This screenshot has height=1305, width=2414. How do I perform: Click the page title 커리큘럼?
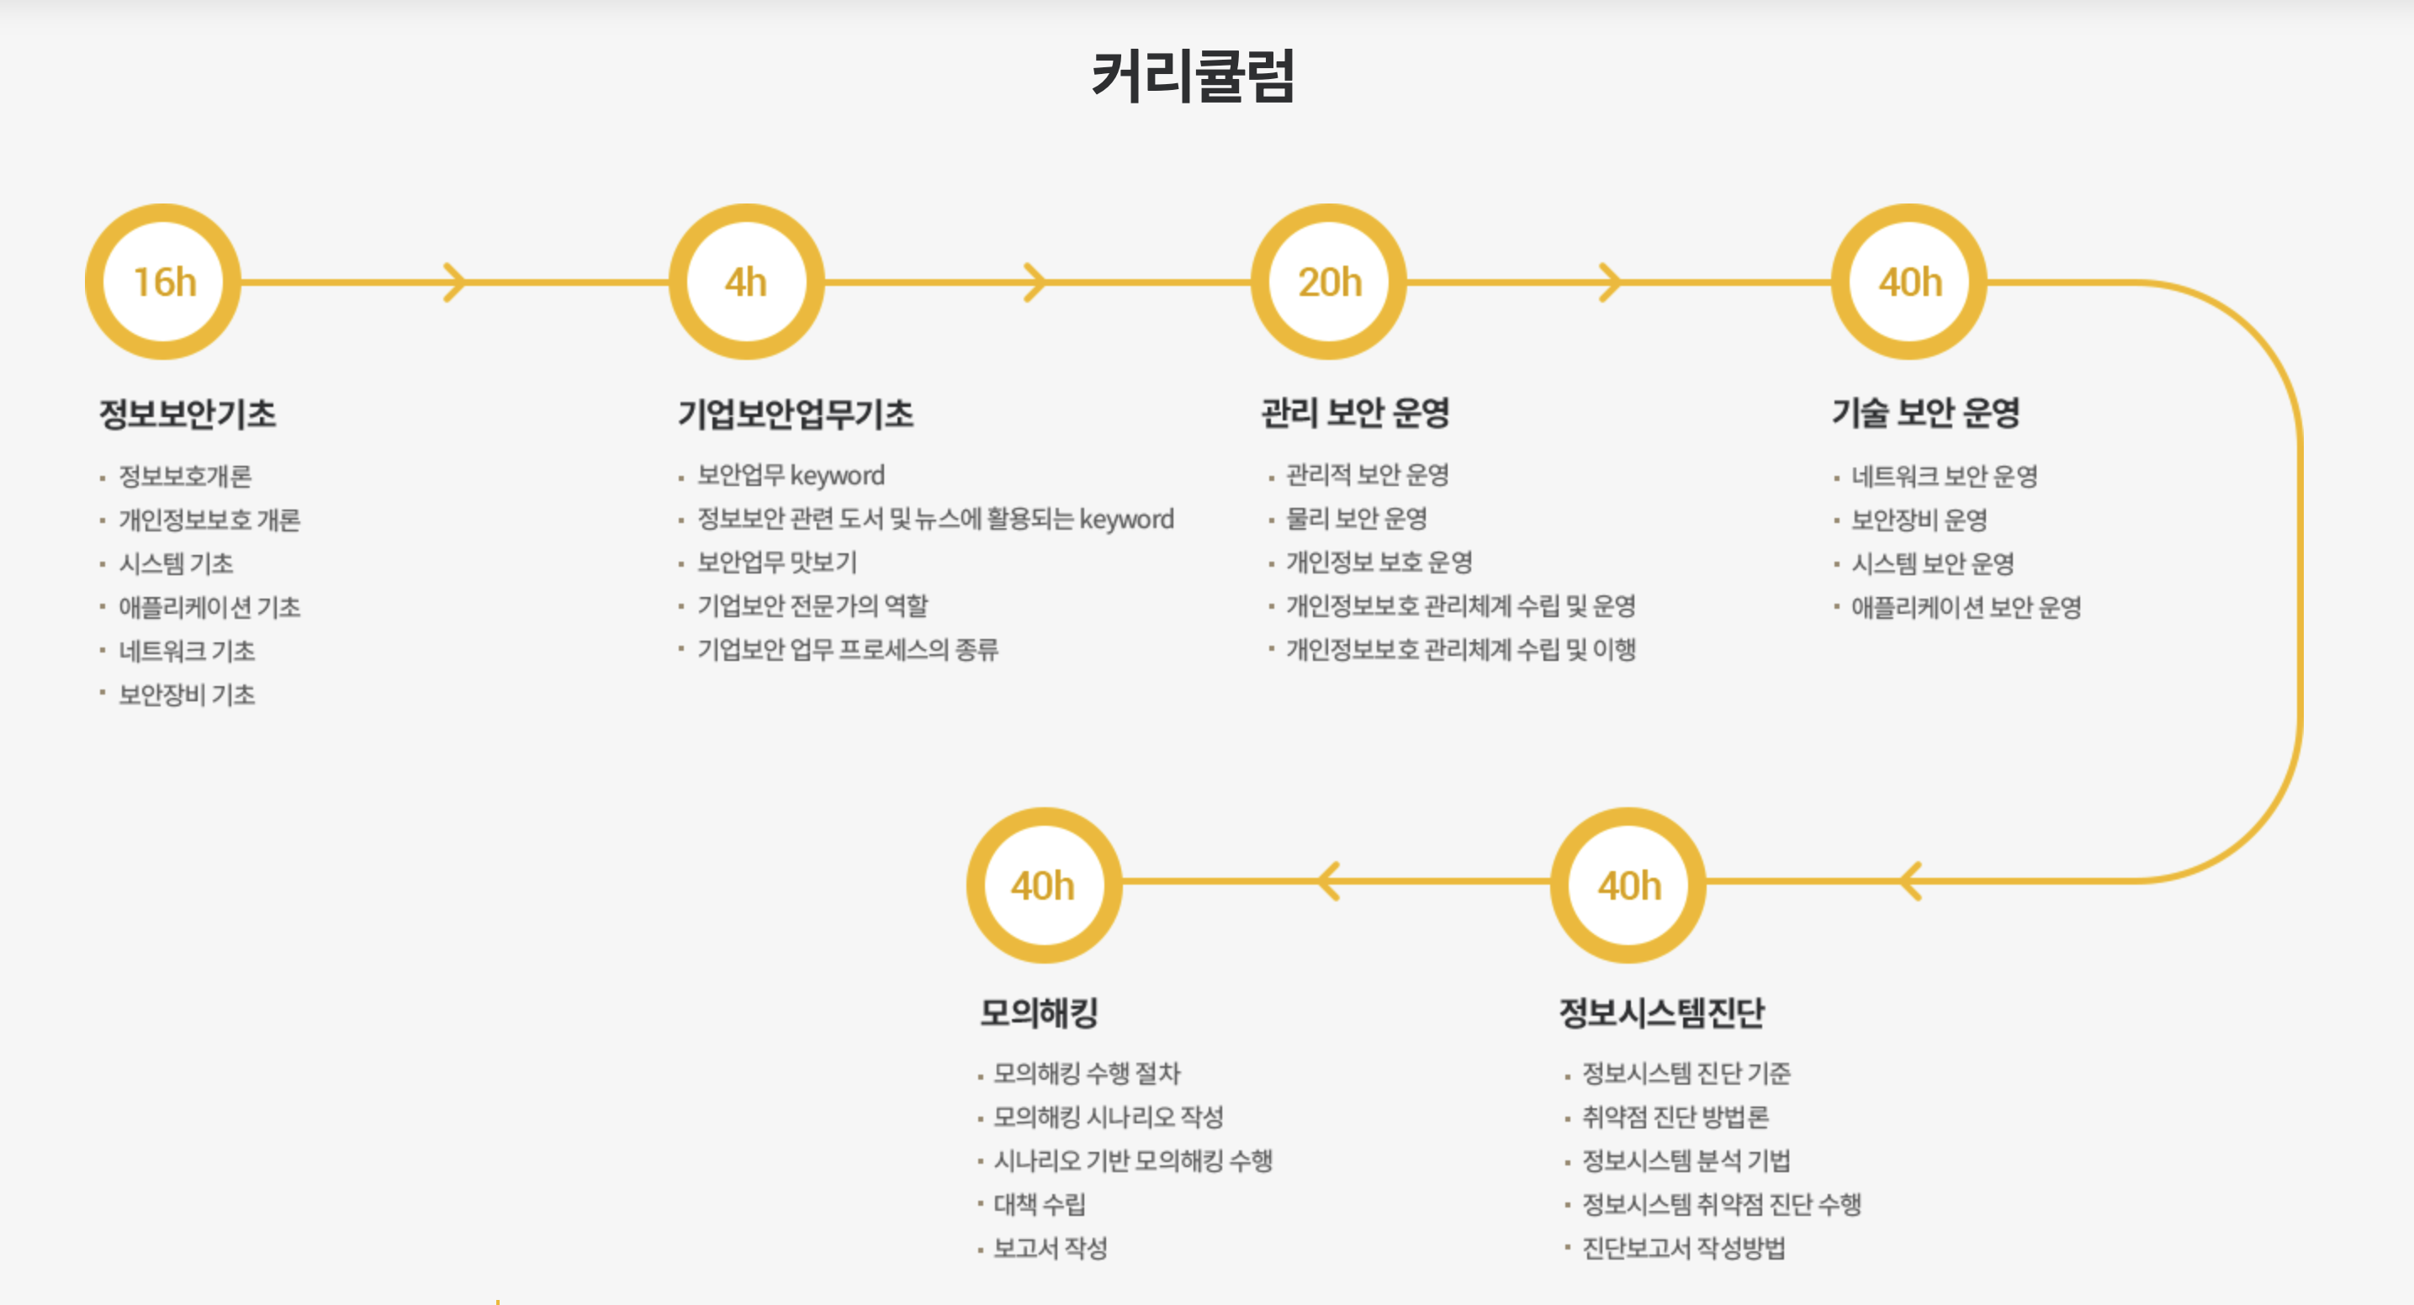[1192, 75]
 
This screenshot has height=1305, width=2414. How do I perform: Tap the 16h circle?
[164, 282]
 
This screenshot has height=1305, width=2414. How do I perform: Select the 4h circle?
[746, 282]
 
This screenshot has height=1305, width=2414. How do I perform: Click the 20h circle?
[1329, 282]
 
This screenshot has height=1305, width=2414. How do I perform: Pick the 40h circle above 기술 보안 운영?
[1908, 282]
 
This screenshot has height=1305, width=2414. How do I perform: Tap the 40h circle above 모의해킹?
[1043, 885]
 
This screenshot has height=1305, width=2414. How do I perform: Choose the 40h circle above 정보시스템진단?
[1628, 885]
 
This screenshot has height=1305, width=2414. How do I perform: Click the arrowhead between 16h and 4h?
[454, 282]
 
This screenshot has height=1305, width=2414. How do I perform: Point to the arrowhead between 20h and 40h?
[1610, 282]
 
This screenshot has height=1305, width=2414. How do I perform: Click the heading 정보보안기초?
[188, 413]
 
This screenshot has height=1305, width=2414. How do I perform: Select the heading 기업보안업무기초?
[796, 413]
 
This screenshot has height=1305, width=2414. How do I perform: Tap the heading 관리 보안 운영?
[1355, 412]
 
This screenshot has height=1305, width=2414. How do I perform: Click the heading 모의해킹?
[1038, 1012]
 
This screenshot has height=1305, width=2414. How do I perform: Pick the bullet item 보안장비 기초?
[187, 695]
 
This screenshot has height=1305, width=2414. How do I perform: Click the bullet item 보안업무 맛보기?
[777, 562]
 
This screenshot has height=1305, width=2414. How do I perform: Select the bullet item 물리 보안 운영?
[1356, 518]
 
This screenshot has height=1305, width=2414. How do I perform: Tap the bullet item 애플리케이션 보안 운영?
[1965, 607]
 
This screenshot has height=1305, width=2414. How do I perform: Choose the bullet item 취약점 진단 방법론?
[1675, 1117]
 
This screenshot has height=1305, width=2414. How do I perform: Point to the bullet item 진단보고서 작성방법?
[1683, 1248]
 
